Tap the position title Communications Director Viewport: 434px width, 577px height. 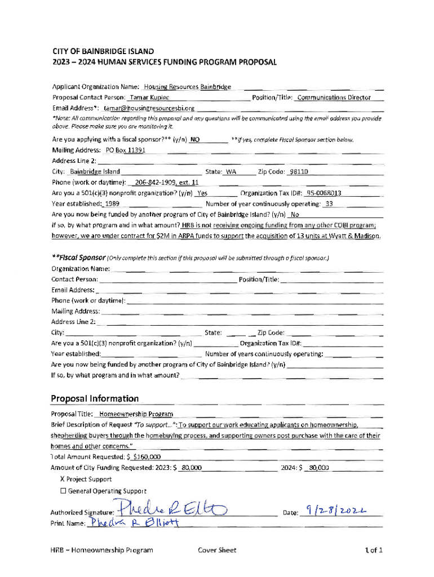click(334, 97)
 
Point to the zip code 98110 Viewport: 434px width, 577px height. click(299, 171)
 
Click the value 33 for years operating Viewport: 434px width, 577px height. click(329, 203)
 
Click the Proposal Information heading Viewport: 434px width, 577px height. click(95, 398)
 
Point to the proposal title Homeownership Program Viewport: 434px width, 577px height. click(136, 414)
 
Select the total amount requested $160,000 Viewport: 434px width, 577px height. click(147, 456)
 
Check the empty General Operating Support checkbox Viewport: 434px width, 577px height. click(63, 491)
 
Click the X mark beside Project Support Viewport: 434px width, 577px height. click(62, 479)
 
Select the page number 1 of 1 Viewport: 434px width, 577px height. click(373, 550)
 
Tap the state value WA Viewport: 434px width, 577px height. click(231, 171)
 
